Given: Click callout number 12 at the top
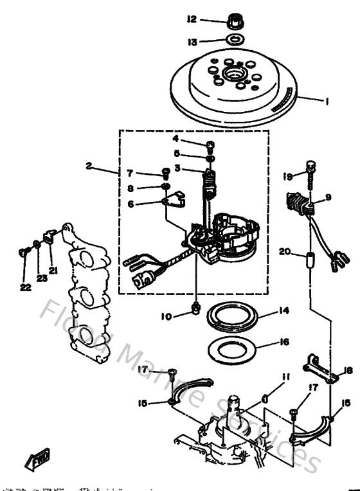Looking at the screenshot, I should [191, 20].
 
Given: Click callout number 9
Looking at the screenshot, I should [327, 197].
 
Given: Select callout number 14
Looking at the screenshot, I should [283, 311].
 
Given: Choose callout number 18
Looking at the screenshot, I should [348, 370].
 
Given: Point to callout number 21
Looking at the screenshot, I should [52, 271].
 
